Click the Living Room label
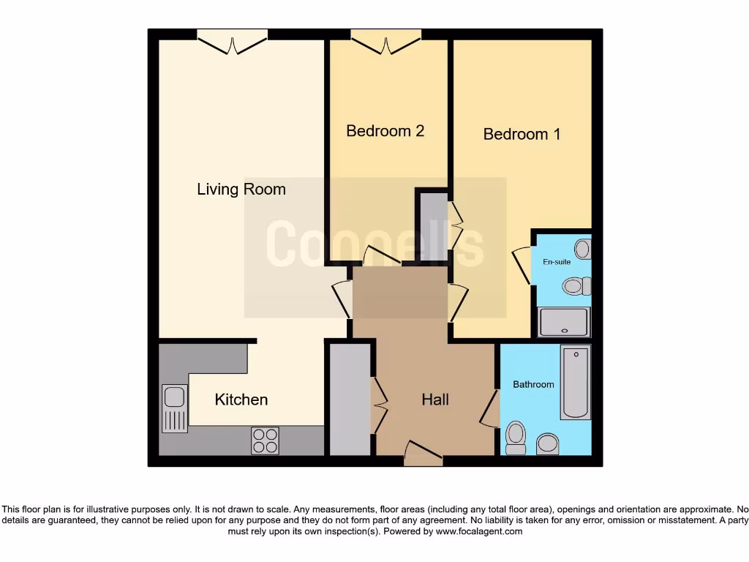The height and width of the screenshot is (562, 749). (x=241, y=190)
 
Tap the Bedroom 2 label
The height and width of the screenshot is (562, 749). (x=385, y=131)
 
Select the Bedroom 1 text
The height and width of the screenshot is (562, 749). (x=522, y=134)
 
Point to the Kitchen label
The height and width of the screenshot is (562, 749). (x=241, y=400)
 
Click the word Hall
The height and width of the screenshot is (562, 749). (x=435, y=400)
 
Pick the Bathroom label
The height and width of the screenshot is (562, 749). (x=533, y=384)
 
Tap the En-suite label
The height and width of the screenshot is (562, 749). (x=556, y=261)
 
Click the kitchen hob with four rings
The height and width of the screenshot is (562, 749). (x=265, y=440)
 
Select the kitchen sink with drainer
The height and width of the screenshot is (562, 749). (x=174, y=408)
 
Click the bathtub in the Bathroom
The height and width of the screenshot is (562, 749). (x=575, y=383)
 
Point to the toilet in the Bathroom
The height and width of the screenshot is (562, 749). (x=516, y=438)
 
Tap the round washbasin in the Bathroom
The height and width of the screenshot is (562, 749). (x=546, y=442)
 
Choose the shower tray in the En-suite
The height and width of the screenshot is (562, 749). (x=563, y=322)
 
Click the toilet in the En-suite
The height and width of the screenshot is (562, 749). (x=576, y=285)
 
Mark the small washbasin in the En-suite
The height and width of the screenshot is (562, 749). (x=582, y=249)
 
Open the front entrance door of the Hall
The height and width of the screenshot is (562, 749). (x=423, y=454)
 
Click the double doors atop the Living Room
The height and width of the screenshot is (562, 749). (x=232, y=41)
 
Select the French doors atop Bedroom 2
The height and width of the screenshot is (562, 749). (x=385, y=41)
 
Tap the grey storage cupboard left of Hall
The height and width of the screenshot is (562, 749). (x=350, y=400)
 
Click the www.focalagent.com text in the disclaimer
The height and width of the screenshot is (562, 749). (x=479, y=532)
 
